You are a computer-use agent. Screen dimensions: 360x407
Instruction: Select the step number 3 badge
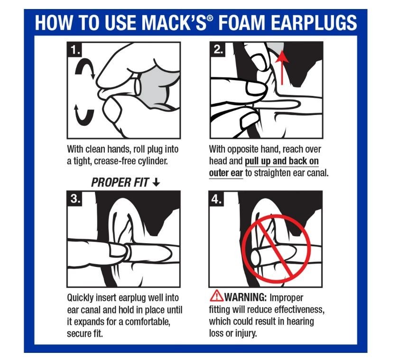pos(75,199)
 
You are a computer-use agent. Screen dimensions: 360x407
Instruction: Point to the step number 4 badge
pos(218,199)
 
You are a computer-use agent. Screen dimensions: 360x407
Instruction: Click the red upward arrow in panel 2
pos(283,66)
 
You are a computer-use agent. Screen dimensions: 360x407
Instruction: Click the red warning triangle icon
pos(216,297)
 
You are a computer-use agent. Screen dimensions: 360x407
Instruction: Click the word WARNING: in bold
pos(246,298)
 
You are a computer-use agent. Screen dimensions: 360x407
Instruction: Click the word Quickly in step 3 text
pos(82,298)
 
